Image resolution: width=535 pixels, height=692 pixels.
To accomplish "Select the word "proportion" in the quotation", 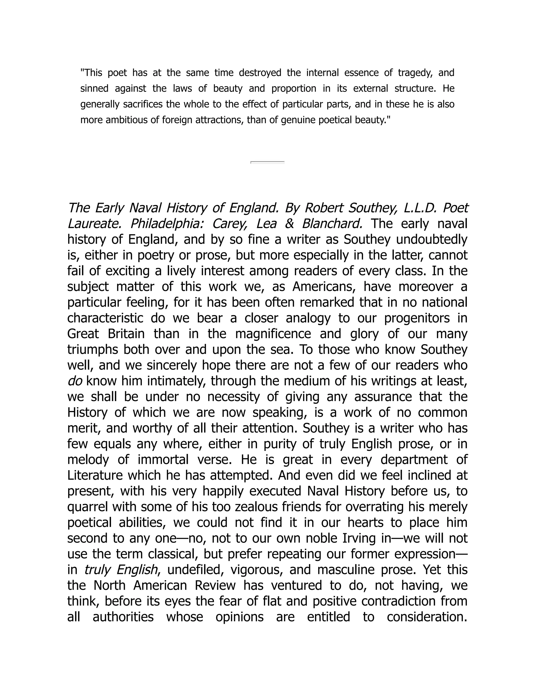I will click(294, 89).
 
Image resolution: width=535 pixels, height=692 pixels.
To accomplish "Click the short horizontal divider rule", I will click(267, 162).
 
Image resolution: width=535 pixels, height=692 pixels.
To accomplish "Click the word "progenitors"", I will click(417, 318).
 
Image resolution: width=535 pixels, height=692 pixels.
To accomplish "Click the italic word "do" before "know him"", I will click(75, 381).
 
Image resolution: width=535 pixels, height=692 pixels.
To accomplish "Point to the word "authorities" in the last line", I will click(123, 617).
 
